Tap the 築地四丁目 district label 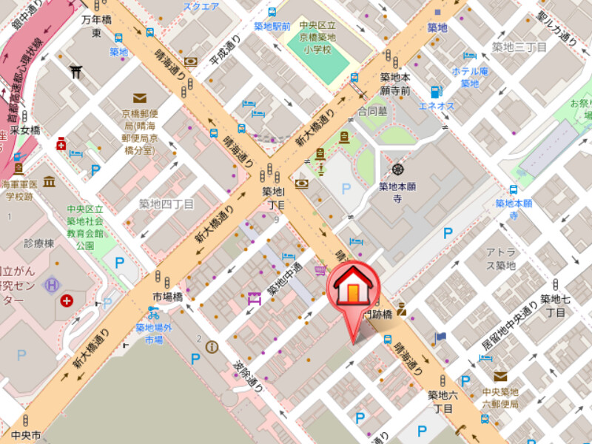[x=166, y=203]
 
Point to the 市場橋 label [x=166, y=297]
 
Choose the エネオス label [x=437, y=106]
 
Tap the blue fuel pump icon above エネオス [x=436, y=92]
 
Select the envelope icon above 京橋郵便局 [x=139, y=98]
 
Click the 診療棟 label [x=38, y=243]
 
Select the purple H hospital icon [x=53, y=283]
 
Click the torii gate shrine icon [x=75, y=71]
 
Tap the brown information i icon [x=212, y=346]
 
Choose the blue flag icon [x=441, y=337]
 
